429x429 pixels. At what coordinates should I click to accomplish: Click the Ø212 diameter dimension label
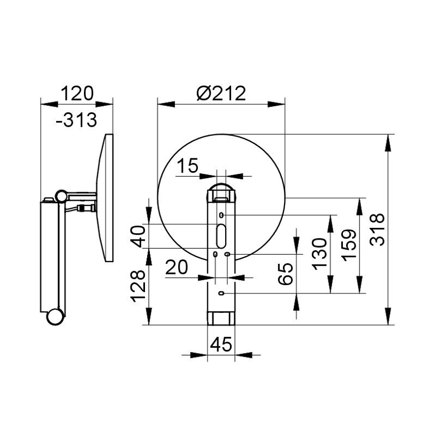[221, 93]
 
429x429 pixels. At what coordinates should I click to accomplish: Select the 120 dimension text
[77, 93]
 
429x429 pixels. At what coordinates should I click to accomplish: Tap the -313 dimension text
[76, 120]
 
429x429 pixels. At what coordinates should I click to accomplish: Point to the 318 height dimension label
[377, 229]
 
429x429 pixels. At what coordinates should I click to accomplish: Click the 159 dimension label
[349, 246]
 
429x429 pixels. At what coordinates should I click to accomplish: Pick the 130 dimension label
[320, 254]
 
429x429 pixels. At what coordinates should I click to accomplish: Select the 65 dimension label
[285, 274]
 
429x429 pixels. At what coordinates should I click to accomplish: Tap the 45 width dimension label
[221, 344]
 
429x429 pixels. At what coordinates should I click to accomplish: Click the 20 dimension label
[177, 267]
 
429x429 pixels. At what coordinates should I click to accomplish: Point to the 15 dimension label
[188, 165]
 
